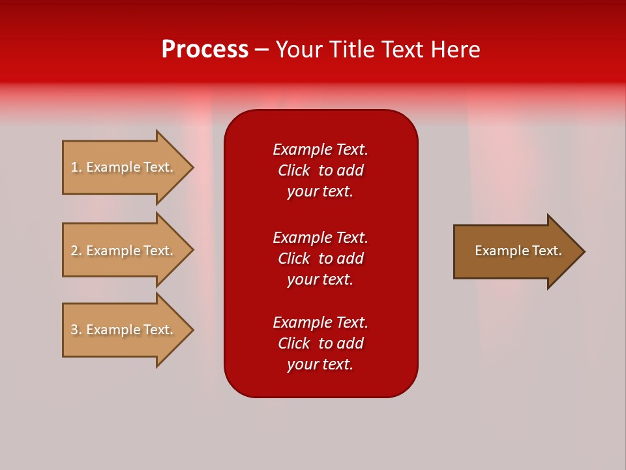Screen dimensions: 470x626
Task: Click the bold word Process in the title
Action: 205,50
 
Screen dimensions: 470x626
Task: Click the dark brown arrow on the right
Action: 515,251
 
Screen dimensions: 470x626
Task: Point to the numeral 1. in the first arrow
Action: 76,167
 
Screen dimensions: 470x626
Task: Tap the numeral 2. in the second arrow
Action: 76,251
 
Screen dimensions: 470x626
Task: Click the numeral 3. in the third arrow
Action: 76,330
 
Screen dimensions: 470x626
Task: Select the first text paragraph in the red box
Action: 320,170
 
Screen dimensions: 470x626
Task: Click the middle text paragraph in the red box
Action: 320,258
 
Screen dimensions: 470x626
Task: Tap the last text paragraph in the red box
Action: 320,343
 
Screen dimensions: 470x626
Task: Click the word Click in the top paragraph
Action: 293,170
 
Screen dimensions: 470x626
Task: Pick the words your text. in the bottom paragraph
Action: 320,364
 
